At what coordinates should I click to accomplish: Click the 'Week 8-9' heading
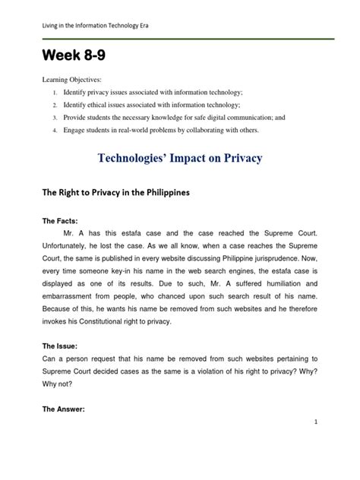[74, 58]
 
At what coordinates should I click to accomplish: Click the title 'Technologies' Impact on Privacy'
[181, 159]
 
